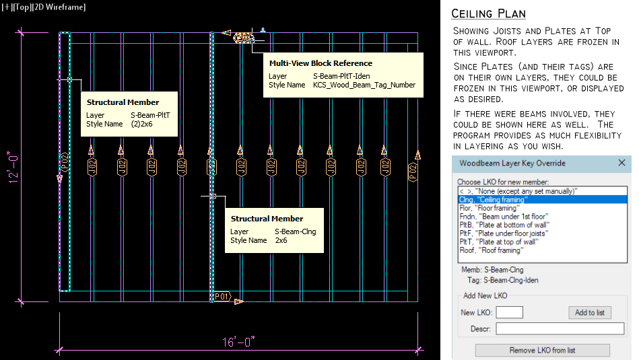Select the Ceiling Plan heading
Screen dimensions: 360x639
click(488, 14)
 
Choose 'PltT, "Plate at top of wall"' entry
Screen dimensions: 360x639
click(498, 242)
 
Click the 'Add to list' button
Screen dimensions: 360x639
click(590, 313)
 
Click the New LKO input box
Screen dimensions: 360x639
click(509, 313)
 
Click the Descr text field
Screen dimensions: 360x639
click(560, 329)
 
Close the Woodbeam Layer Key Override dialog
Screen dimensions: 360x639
click(621, 163)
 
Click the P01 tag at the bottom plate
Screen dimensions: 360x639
click(222, 297)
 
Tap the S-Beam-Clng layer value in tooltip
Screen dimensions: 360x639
click(295, 232)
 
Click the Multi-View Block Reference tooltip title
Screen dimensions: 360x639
click(321, 63)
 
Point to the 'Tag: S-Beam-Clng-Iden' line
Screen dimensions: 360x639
click(502, 280)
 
